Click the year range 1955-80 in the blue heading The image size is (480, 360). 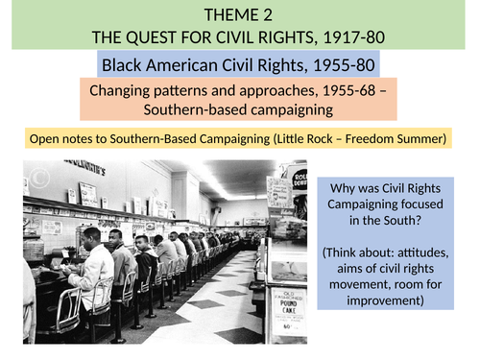pyautogui.click(x=338, y=66)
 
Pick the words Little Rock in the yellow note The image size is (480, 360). pyautogui.click(x=310, y=139)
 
